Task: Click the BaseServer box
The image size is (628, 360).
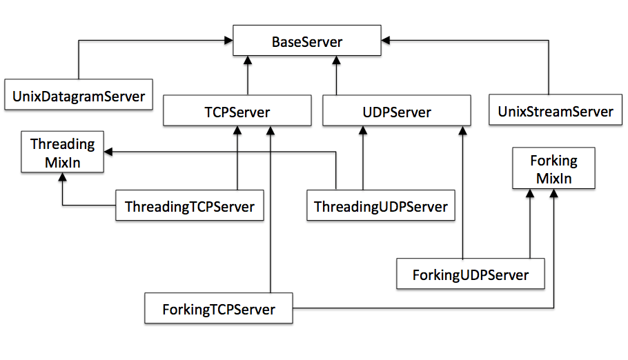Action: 306,42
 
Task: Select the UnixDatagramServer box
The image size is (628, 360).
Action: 79,96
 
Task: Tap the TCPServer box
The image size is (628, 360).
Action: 237,112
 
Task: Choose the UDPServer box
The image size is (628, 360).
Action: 396,112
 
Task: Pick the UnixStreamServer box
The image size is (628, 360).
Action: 551,110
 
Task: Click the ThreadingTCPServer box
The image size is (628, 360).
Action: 189,206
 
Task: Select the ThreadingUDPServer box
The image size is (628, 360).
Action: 380,206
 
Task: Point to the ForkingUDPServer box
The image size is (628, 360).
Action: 470,274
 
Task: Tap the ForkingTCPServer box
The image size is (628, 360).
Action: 218,309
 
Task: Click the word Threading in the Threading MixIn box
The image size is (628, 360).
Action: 62,144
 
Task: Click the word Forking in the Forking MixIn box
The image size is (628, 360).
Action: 553,161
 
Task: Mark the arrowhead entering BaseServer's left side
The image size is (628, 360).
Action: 228,41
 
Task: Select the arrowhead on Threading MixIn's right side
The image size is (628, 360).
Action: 109,151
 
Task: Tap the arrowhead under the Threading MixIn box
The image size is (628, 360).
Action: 62,177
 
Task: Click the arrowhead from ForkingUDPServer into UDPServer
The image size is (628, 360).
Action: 459,131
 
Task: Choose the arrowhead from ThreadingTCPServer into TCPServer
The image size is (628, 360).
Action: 237,131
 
